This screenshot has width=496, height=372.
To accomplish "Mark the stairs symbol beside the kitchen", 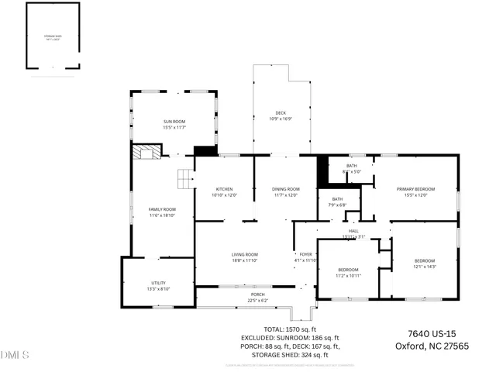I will point(184,179).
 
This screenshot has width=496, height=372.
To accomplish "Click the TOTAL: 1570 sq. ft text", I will point(291,329).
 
